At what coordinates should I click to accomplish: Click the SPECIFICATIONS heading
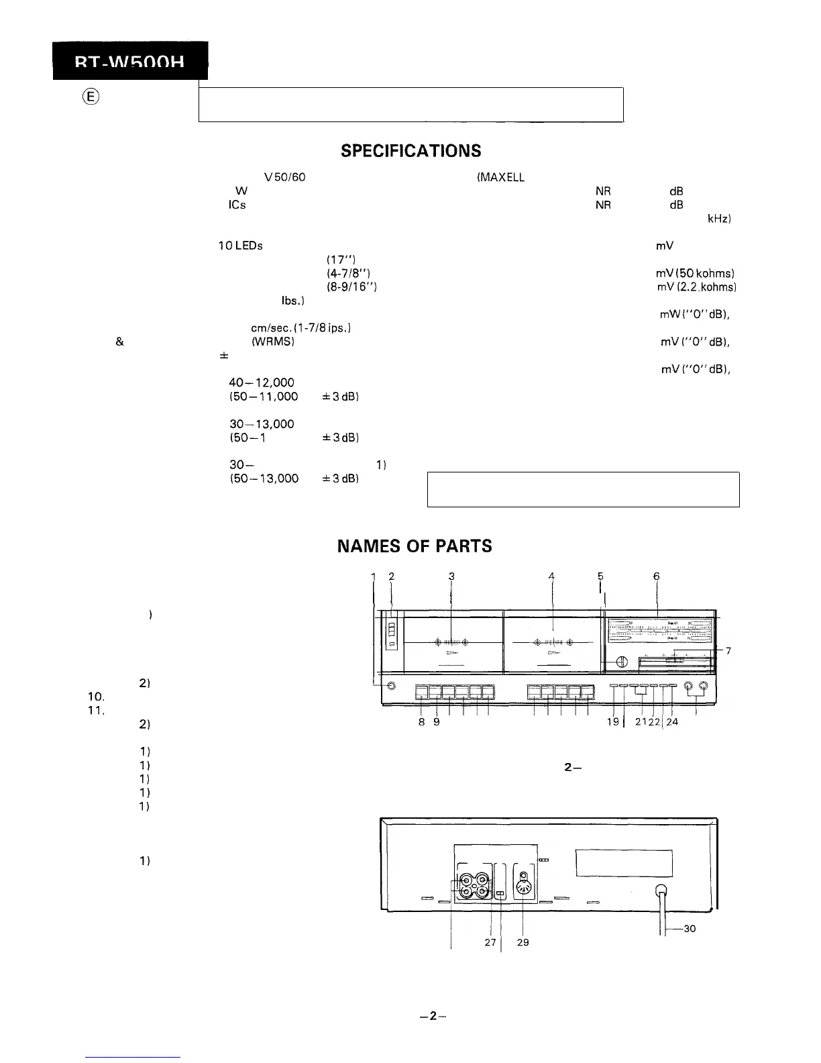click(x=410, y=150)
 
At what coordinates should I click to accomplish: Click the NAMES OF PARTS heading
click(x=414, y=546)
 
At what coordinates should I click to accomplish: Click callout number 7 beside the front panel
click(x=728, y=651)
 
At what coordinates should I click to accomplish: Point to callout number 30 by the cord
click(x=688, y=929)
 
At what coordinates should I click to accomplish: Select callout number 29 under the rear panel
click(x=523, y=942)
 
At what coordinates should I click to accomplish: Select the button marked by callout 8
click(x=422, y=693)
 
